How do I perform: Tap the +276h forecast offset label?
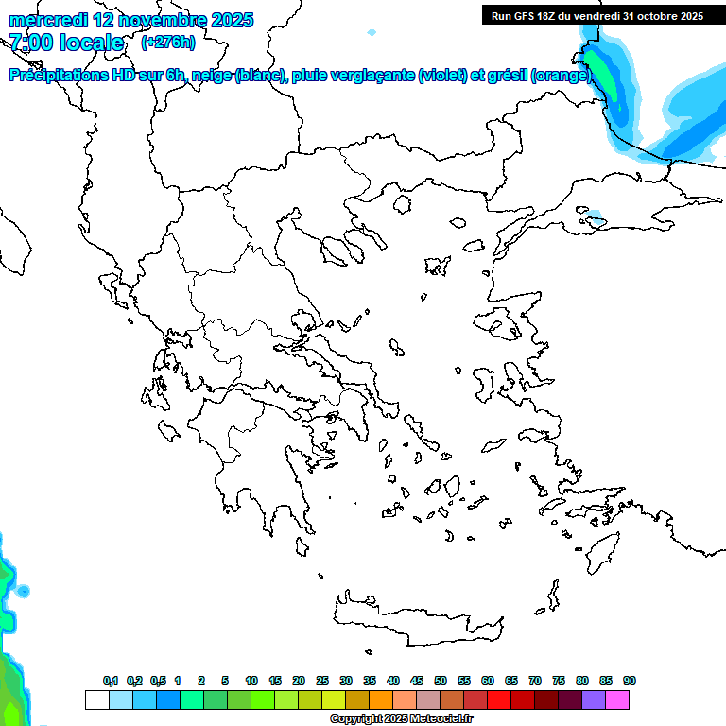[x=167, y=42]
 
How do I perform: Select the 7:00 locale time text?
[x=66, y=43]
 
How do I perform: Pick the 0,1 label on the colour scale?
[x=110, y=681]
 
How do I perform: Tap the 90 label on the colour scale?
[x=629, y=681]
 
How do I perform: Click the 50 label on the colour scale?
[x=441, y=681]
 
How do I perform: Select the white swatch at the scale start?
[x=96, y=700]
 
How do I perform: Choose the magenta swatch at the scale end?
[x=617, y=700]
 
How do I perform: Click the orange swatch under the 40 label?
[x=380, y=700]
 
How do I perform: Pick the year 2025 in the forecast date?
[x=228, y=20]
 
